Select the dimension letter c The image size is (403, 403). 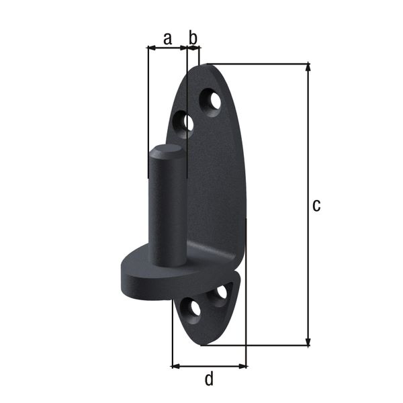[x=316, y=205]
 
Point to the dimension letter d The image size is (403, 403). [x=209, y=379]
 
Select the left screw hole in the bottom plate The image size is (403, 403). [x=195, y=309]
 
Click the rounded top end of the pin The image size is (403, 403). [x=165, y=151]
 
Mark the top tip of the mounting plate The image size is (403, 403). [x=201, y=65]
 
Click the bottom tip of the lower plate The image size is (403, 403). [x=201, y=343]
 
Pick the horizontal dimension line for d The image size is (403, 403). [x=209, y=366]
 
